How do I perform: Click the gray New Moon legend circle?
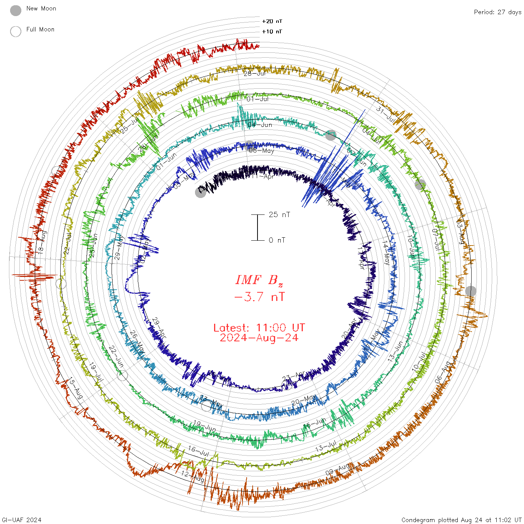coord(16,11)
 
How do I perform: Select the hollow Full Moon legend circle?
coord(16,31)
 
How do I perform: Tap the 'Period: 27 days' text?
coord(497,12)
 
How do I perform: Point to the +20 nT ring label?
coord(272,21)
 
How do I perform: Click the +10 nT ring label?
coord(272,31)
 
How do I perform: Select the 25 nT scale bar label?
coord(279,214)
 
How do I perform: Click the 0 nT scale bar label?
coord(277,240)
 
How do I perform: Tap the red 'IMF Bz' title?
coord(259,280)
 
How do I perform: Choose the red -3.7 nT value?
coord(259,297)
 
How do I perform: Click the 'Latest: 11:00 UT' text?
coord(259,328)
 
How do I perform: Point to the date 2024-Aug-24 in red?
coord(259,338)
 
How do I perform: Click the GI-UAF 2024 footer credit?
coord(22,520)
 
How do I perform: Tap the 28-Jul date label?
coord(255,73)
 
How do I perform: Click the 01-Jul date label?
coord(258,99)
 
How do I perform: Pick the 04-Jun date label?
coord(260,125)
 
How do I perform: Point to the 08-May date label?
coord(262,150)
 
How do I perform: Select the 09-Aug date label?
coord(338,469)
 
